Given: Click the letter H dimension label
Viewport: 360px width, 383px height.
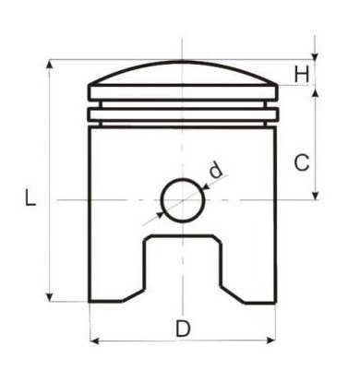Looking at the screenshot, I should (x=303, y=73).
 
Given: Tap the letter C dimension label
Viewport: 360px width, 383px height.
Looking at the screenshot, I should (x=302, y=162).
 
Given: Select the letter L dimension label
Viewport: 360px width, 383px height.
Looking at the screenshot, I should (x=30, y=197).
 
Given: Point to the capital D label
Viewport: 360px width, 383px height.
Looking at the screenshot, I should (x=183, y=328).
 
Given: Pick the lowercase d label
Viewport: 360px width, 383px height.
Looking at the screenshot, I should (x=215, y=169).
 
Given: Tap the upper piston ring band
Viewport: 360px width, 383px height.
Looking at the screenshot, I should (x=183, y=93).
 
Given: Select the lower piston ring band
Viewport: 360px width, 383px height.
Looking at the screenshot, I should (x=183, y=114).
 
